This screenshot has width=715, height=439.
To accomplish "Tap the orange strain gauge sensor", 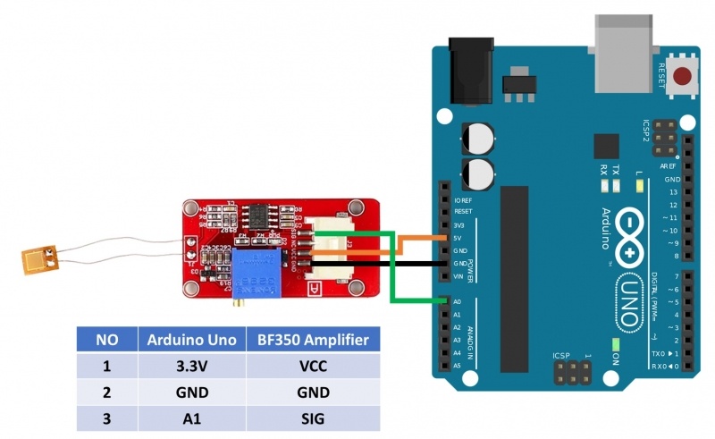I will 39,260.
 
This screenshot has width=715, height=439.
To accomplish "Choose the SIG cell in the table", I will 312,418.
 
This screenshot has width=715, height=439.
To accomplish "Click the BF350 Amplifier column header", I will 312,340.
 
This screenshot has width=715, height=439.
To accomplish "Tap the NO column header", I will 106,340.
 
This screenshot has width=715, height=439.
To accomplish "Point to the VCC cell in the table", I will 312,366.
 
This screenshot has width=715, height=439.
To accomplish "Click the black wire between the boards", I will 375,264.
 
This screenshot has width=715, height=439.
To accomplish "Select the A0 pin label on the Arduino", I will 456,302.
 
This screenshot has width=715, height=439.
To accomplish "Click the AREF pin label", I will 668,166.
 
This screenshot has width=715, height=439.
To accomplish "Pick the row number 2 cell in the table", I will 106,392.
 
